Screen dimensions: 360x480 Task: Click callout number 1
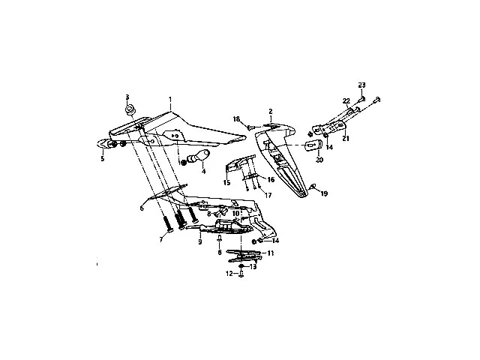click(170, 100)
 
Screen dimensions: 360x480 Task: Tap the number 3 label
click(127, 97)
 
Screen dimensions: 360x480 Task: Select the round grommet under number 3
click(130, 112)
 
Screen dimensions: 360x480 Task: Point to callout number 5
click(103, 158)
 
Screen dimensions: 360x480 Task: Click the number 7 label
click(160, 239)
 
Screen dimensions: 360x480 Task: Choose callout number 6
click(140, 207)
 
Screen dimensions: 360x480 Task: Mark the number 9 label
click(200, 242)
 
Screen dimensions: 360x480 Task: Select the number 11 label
click(271, 253)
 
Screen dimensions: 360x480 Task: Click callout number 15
click(226, 182)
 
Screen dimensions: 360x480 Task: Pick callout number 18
click(235, 118)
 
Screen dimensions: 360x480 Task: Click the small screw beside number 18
click(249, 127)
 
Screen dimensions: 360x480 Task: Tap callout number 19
click(324, 193)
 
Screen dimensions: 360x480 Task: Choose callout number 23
click(361, 83)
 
